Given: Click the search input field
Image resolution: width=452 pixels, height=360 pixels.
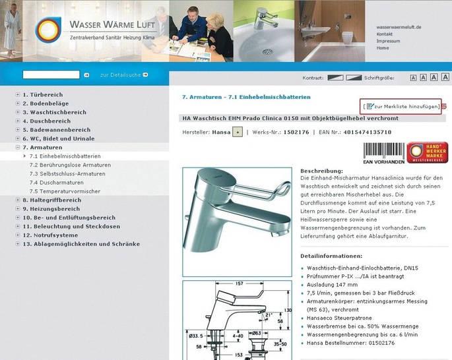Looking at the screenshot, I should (51, 75).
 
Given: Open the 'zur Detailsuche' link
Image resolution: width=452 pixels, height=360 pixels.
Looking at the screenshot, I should (123, 75).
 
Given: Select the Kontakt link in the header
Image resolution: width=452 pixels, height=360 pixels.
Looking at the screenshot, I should (385, 34).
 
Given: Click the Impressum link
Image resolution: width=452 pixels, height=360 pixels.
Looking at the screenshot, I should (388, 41).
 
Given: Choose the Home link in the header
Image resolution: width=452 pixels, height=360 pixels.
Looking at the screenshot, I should (383, 48).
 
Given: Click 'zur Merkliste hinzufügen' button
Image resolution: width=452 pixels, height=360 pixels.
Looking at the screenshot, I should (403, 106).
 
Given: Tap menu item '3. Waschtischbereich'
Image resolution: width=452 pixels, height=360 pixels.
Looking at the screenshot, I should (54, 112).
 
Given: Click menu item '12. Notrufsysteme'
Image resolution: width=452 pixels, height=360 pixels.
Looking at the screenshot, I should (50, 235).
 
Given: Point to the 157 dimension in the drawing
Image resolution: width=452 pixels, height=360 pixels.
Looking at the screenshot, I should (239, 284).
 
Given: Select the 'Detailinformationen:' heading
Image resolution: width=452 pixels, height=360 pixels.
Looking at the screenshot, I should (331, 255).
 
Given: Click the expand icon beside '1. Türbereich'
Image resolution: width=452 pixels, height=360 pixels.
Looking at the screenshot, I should (18, 94).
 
